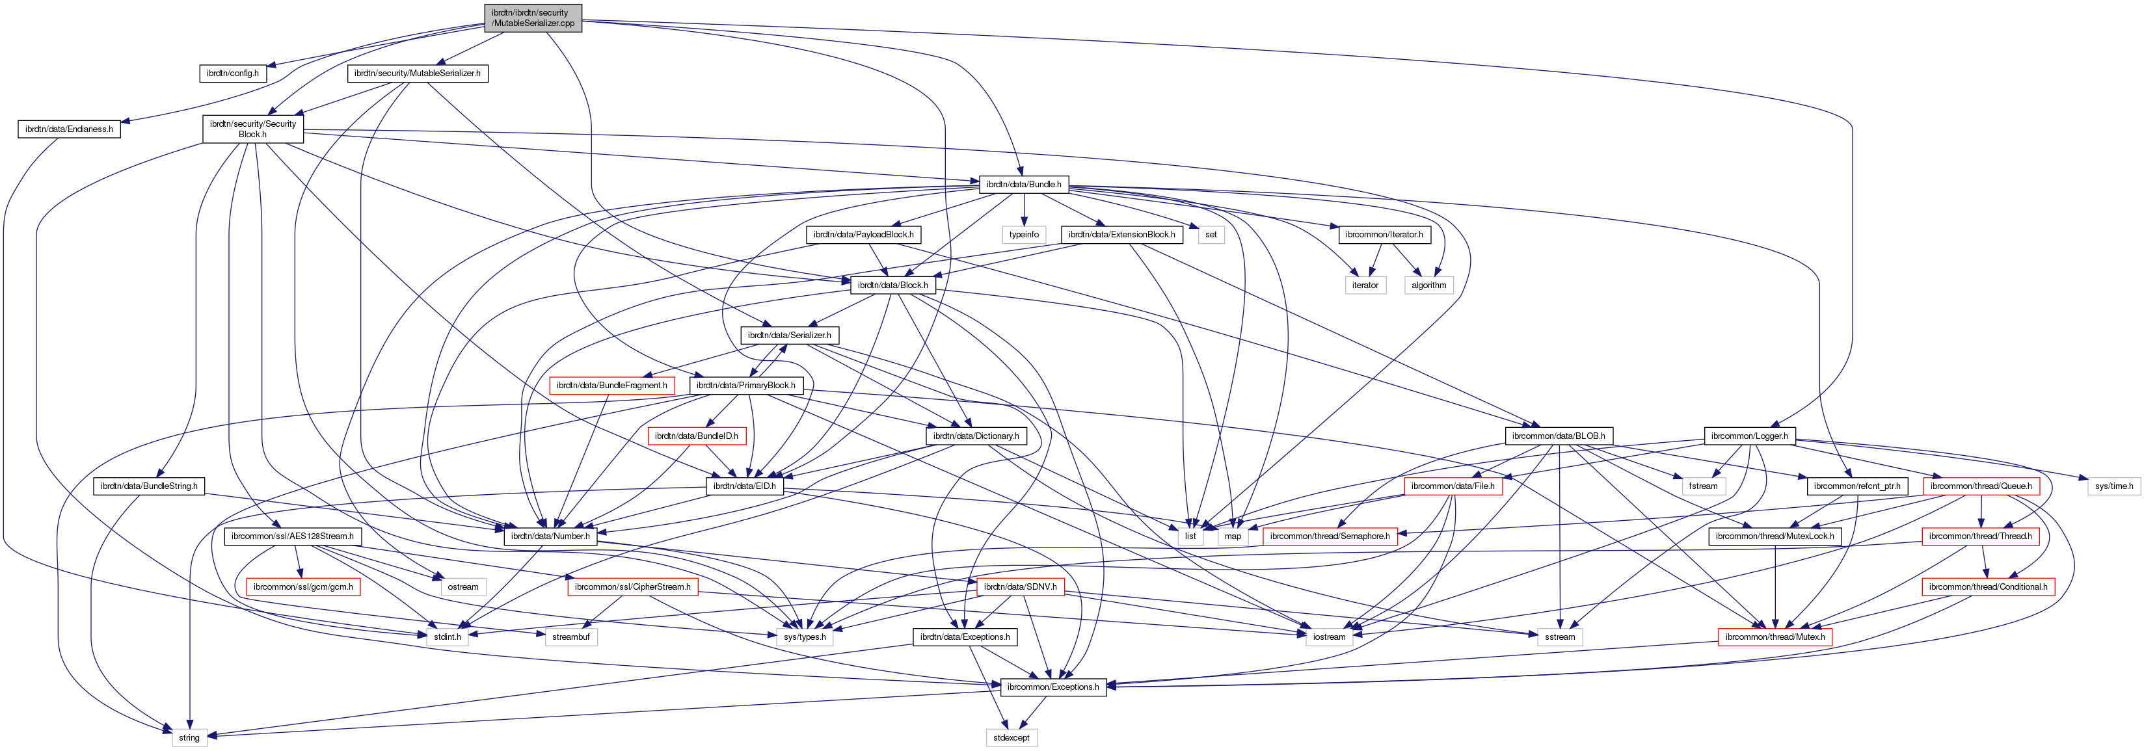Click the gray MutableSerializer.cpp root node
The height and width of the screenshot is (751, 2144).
point(533,18)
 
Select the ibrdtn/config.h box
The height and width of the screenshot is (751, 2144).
point(232,73)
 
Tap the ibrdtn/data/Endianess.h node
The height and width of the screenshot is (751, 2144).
point(69,129)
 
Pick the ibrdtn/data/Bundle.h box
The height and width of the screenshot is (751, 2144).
point(1023,184)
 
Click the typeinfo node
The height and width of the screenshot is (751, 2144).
point(1024,235)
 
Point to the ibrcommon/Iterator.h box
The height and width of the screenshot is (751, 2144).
point(1384,235)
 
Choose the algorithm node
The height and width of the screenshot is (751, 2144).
point(1429,285)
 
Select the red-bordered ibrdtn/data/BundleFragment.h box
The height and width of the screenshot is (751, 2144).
point(611,386)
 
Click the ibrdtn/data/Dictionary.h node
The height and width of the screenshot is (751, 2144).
point(976,436)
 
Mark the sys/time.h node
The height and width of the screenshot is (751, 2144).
point(2114,486)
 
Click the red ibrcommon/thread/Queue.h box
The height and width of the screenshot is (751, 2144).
point(1980,486)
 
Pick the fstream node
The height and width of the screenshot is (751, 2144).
point(1703,486)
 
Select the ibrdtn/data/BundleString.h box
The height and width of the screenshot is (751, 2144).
point(149,486)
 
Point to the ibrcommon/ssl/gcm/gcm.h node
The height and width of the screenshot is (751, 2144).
point(303,587)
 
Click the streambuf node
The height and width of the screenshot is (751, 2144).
point(571,637)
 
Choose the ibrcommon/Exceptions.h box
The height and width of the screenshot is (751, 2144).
point(1053,687)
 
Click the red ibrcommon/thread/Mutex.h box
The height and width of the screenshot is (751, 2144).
point(1775,637)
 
